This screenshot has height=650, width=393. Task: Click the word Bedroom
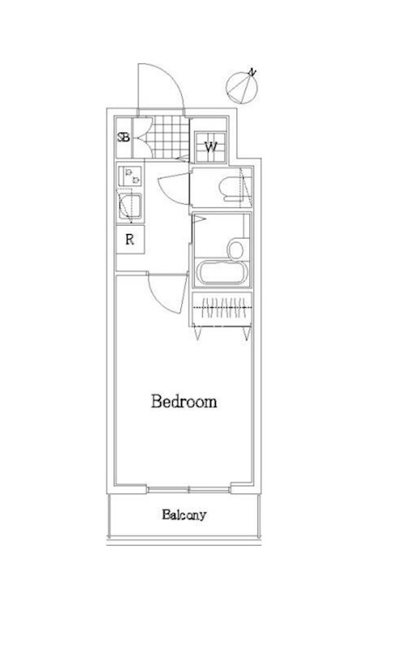(x=184, y=401)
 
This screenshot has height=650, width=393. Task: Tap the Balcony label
(x=184, y=515)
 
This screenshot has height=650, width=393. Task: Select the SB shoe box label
(x=123, y=137)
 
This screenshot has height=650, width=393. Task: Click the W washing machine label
(x=211, y=147)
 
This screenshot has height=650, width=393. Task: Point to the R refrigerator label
(x=130, y=239)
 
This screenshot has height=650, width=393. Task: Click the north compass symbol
(x=242, y=87)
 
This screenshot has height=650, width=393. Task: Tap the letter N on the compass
(x=253, y=72)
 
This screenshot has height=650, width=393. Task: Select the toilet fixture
(x=232, y=189)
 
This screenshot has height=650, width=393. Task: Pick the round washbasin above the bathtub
(x=235, y=249)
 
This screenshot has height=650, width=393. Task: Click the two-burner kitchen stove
(x=130, y=176)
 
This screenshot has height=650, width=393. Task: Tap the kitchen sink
(x=130, y=206)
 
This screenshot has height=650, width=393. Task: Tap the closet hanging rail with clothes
(x=222, y=307)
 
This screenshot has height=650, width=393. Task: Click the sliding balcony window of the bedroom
(x=188, y=490)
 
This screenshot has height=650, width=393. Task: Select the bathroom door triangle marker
(x=199, y=219)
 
